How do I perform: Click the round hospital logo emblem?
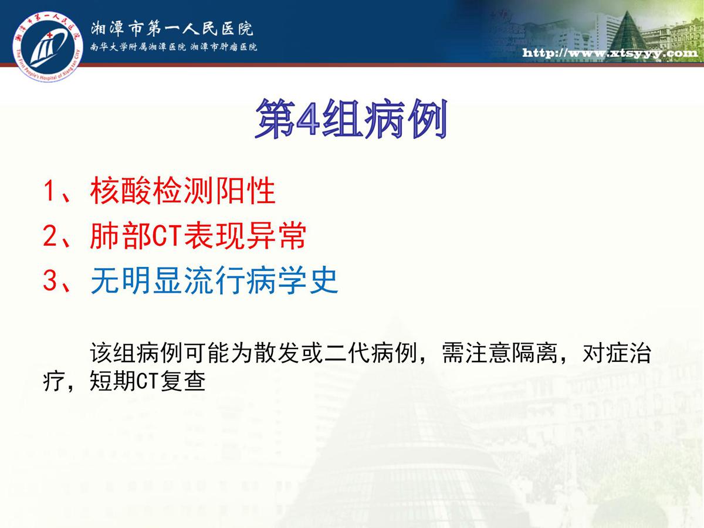pos(48,46)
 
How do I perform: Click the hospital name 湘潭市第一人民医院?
pos(172,29)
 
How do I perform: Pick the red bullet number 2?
pos(49,236)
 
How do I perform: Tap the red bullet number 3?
pos(49,280)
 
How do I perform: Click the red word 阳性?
pos(246,191)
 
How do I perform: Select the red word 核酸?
pos(121,191)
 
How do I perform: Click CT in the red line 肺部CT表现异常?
pos(167,236)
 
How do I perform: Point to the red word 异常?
pos(276,236)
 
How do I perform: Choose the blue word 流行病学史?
pos(261,280)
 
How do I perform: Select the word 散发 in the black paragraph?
pos(277,353)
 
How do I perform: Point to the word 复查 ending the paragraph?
pos(183,381)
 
